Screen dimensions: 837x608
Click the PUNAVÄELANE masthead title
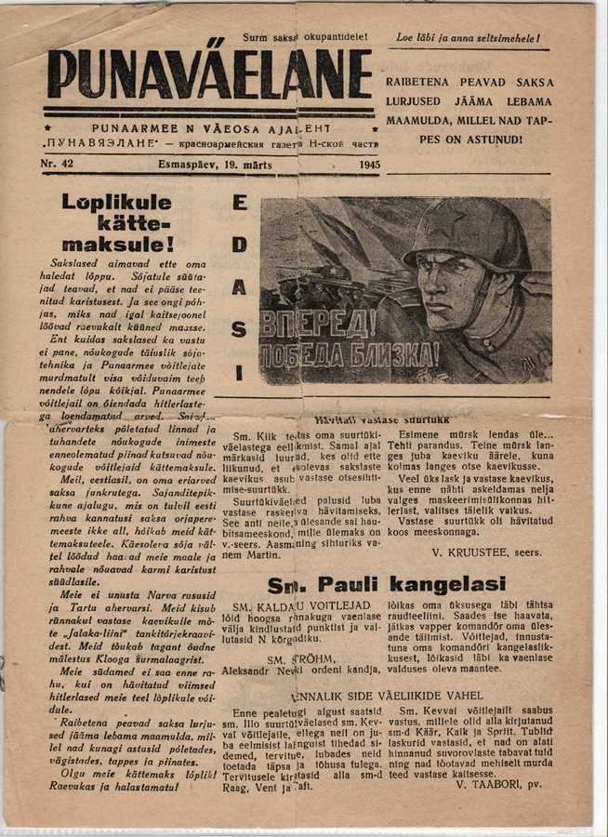point(209,73)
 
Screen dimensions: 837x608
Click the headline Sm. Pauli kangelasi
point(386,585)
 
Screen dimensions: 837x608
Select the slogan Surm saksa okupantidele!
point(305,37)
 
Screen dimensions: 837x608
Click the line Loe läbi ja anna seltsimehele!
point(469,39)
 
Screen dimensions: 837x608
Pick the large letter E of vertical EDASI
point(239,204)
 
